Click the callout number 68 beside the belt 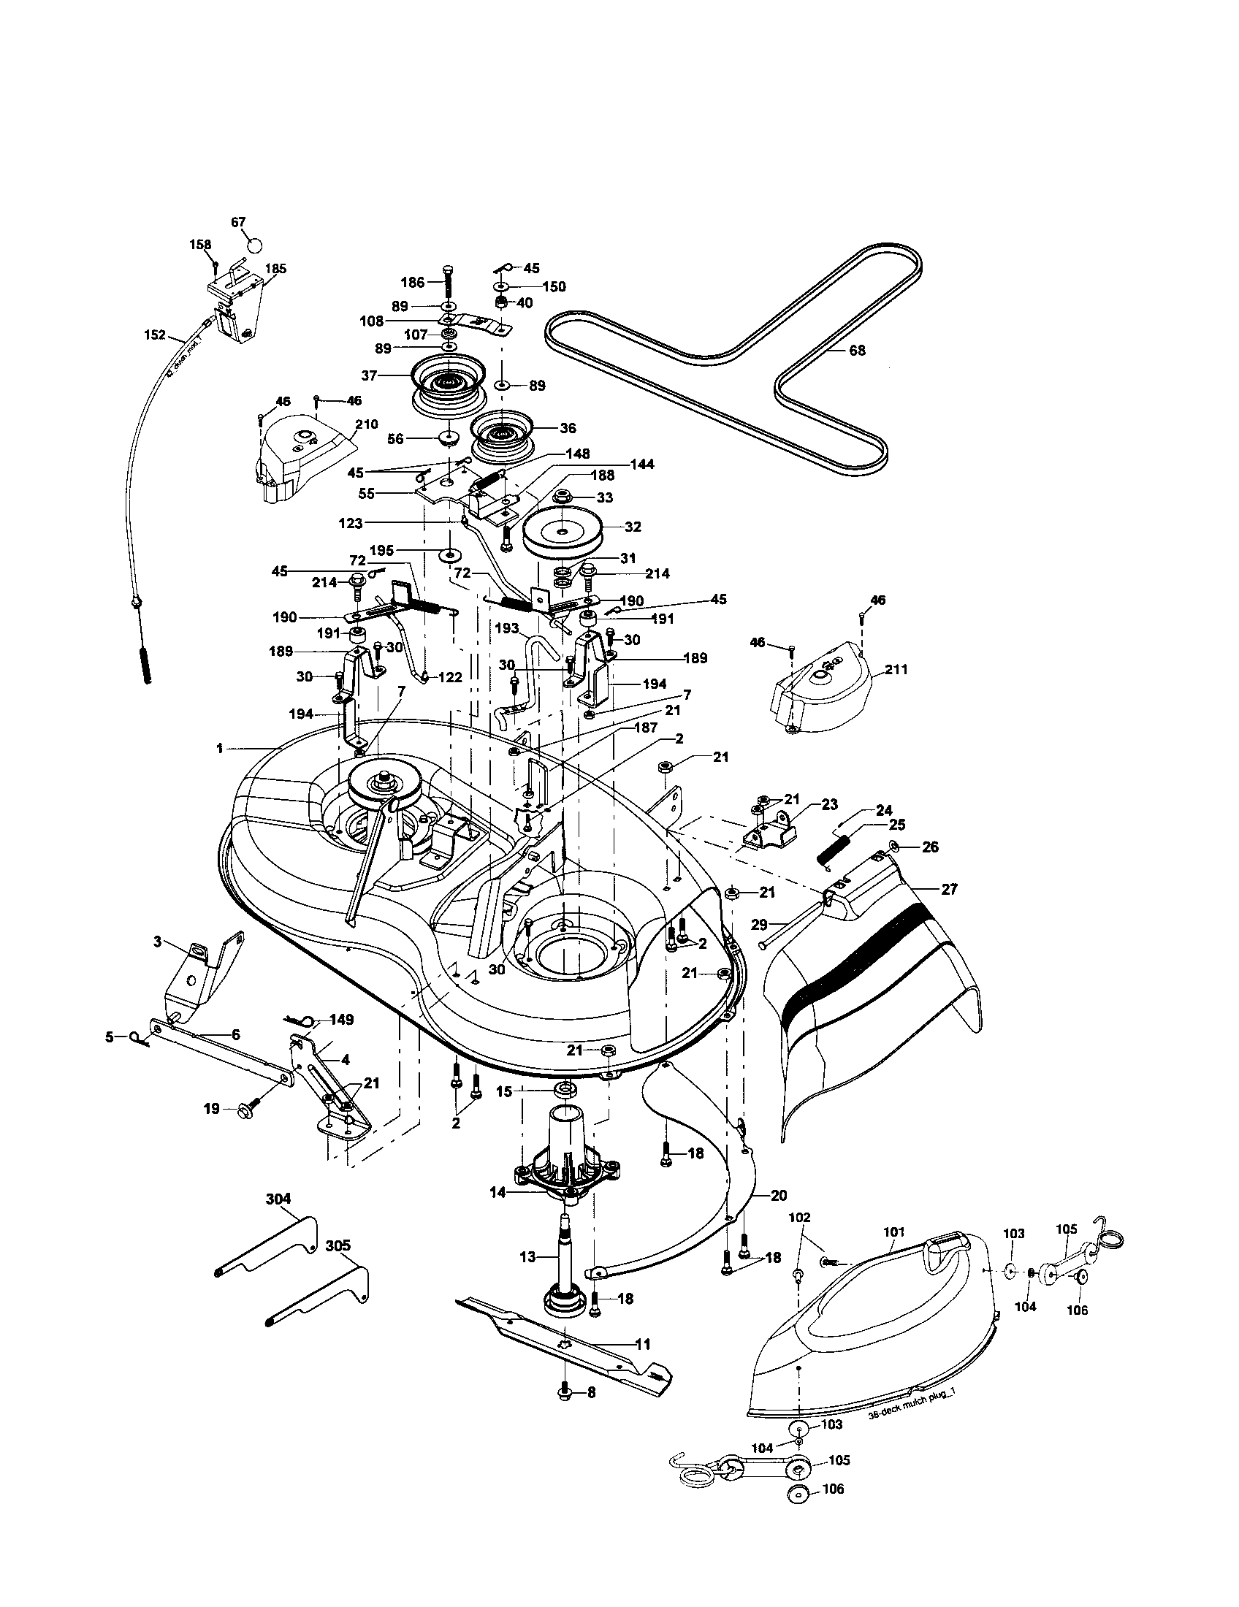857,350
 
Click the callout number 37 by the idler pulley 369,375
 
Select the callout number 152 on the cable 154,335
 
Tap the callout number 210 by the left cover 366,424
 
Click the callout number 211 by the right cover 896,670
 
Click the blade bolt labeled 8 564,1413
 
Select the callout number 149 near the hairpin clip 341,1020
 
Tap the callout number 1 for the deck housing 219,748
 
